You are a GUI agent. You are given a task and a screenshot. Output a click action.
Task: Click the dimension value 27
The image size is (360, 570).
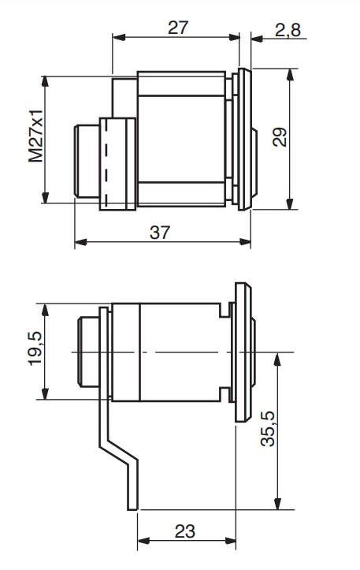179,28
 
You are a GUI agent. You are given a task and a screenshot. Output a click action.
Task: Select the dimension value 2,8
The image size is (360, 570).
284,31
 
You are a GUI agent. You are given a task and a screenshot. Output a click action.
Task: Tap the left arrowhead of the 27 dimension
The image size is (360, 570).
117,36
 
